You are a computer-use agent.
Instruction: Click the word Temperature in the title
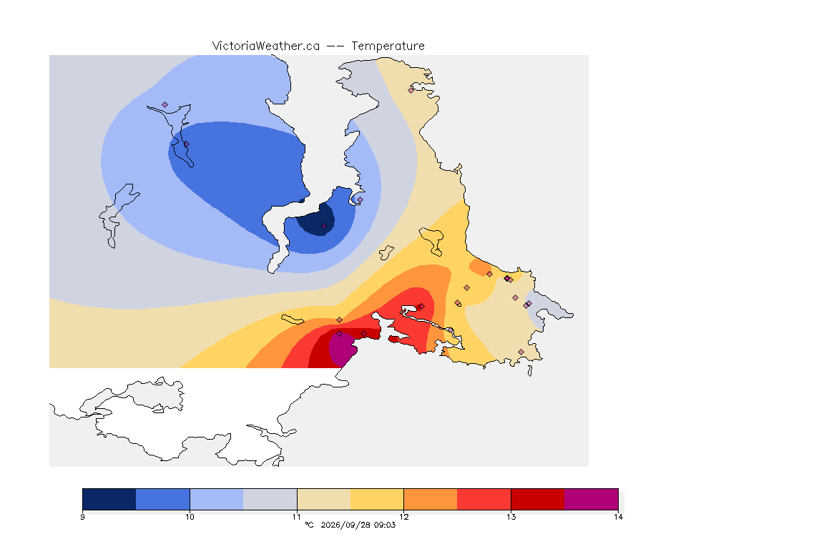click(x=388, y=46)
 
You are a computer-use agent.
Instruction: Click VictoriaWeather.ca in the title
click(x=266, y=46)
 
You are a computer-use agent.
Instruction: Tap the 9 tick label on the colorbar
click(x=82, y=517)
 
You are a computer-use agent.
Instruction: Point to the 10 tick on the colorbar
click(x=190, y=517)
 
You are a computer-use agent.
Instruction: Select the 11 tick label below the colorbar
click(x=297, y=517)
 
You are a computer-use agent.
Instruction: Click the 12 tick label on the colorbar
click(x=403, y=517)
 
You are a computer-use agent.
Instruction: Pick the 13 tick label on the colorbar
click(x=511, y=517)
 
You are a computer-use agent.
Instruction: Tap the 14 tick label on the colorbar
click(x=618, y=517)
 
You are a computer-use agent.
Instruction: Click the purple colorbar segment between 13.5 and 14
click(x=592, y=499)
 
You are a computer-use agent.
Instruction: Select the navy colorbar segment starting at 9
click(x=109, y=499)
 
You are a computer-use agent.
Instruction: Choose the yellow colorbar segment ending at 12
click(x=377, y=499)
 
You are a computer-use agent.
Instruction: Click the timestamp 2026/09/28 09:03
click(x=358, y=525)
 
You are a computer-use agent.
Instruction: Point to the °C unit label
click(x=309, y=525)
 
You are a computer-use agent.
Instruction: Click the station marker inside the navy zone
click(x=324, y=227)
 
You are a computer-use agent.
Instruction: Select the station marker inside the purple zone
click(x=340, y=334)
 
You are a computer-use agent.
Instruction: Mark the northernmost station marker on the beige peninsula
click(x=411, y=90)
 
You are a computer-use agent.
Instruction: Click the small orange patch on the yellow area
click(x=480, y=267)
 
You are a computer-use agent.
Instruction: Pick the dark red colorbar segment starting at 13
click(x=538, y=499)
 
